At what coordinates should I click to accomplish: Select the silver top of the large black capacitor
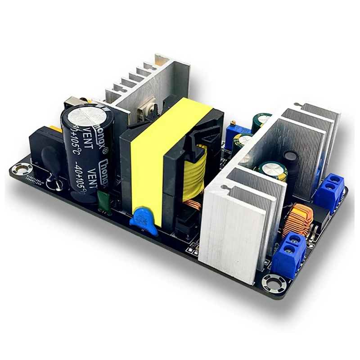[85, 112]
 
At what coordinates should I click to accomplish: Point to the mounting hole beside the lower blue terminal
[274, 283]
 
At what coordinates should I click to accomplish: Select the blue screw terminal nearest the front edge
[289, 254]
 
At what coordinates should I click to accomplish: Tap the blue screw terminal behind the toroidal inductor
[329, 190]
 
